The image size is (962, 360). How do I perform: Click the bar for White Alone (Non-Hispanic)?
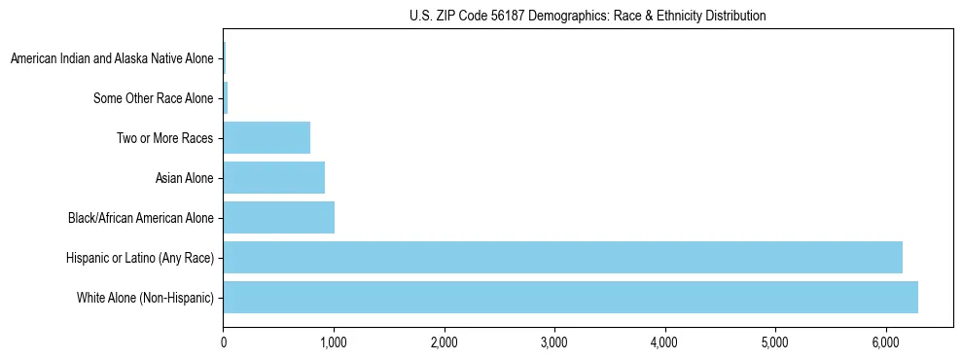click(x=570, y=297)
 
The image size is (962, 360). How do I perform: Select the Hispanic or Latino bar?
click(x=562, y=257)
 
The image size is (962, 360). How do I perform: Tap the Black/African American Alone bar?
click(x=279, y=217)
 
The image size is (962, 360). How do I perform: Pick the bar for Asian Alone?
click(x=274, y=177)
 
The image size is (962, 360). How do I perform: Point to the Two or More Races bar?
click(x=267, y=137)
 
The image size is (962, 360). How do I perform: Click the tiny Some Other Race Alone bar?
click(x=226, y=97)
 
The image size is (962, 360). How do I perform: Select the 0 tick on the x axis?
click(x=224, y=342)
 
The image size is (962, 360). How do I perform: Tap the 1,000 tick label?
click(x=334, y=342)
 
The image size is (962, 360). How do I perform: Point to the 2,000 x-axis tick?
click(x=444, y=342)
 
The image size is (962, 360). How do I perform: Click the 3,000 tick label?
click(x=554, y=342)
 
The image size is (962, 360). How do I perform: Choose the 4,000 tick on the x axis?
click(x=664, y=342)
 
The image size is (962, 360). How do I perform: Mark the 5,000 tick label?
click(x=775, y=342)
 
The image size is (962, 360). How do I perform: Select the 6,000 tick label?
click(x=885, y=342)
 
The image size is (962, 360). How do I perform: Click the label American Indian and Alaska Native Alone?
click(x=112, y=58)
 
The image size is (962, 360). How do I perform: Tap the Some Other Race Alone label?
click(x=153, y=98)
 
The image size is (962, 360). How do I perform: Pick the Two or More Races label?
click(x=164, y=138)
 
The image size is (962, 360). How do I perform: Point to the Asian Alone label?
click(x=184, y=178)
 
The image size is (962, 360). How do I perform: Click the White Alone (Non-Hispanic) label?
click(x=145, y=298)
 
